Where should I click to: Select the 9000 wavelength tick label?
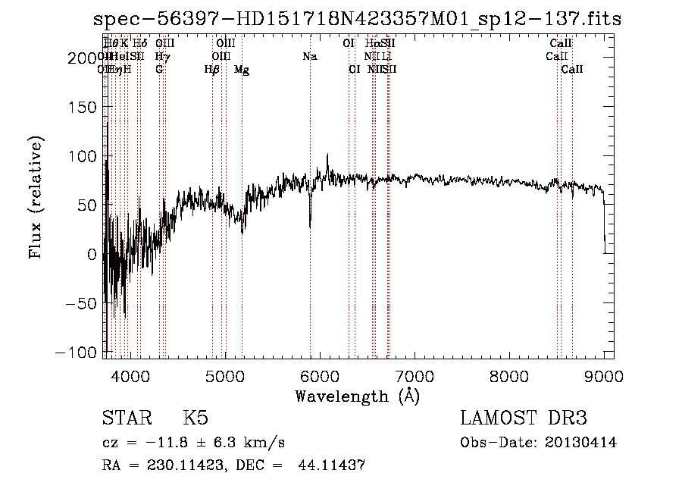[x=604, y=376]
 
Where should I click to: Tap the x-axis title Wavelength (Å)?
[x=357, y=396]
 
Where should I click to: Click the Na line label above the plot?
[x=309, y=56]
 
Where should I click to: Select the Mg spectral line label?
[x=242, y=70]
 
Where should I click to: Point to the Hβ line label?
[x=212, y=70]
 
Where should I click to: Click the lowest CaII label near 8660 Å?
[x=572, y=70]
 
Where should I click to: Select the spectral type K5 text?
[x=196, y=418]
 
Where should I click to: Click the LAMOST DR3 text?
[x=523, y=418]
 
